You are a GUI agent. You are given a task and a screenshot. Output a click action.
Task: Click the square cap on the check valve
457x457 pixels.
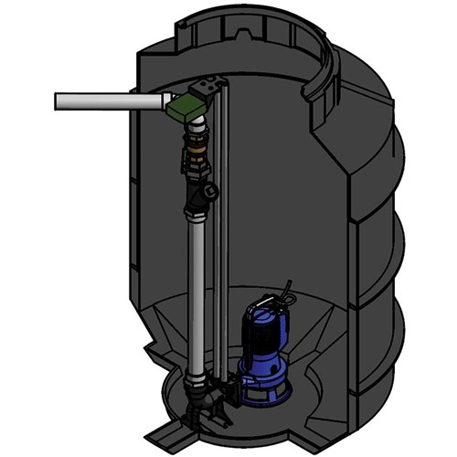pyautogui.click(x=212, y=192)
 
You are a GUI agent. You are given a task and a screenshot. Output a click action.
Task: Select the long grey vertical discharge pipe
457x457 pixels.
pyautogui.click(x=196, y=292)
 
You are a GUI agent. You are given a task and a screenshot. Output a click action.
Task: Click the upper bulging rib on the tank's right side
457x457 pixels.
pyautogui.click(x=388, y=174)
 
